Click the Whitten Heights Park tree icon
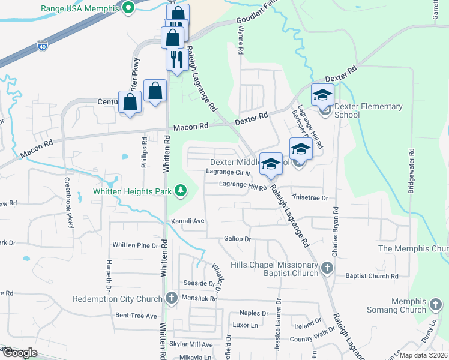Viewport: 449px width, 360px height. (179, 191)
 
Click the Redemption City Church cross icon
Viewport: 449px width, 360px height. (171, 298)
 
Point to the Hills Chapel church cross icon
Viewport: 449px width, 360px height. (327, 268)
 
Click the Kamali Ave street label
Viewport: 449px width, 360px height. (188, 221)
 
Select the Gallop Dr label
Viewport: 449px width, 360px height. (237, 239)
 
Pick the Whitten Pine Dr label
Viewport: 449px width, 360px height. (139, 245)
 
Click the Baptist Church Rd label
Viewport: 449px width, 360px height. (372, 277)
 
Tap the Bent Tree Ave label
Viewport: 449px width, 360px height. (136, 316)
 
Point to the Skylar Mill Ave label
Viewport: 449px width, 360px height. (190, 344)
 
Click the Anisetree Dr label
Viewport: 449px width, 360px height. (310, 197)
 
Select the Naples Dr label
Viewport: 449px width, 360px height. (253, 313)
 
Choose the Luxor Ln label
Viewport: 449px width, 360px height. (245, 325)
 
